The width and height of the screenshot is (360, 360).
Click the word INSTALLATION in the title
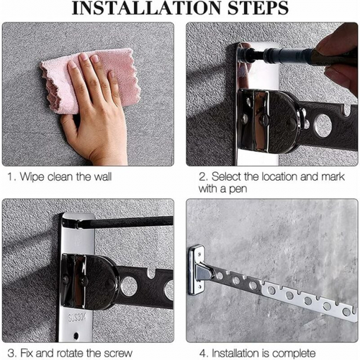point(148,8)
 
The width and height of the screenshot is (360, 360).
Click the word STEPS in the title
point(258,8)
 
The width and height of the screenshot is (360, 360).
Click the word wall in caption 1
point(103,177)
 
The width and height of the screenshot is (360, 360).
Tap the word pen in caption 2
point(238,189)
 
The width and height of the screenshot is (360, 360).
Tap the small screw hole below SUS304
point(76,335)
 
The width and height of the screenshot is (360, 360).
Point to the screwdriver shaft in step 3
point(125,222)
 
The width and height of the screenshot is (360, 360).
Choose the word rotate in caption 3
point(70,354)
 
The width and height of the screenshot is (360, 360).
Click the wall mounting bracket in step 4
point(198,270)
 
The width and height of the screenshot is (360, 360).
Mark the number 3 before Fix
point(11,354)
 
